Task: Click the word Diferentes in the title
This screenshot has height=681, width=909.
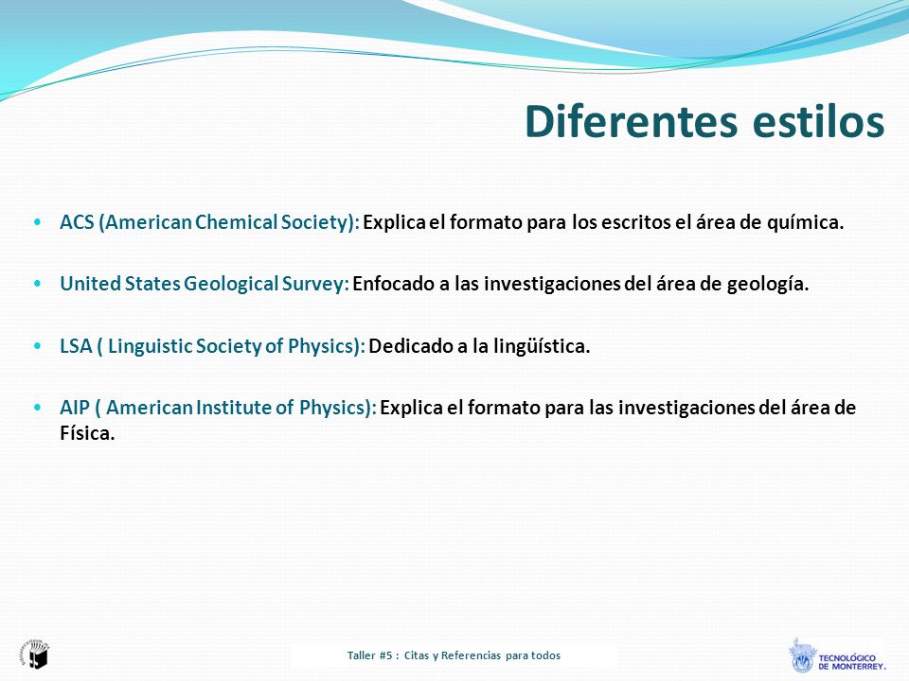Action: [x=631, y=121]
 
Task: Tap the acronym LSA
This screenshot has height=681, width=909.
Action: [x=76, y=346]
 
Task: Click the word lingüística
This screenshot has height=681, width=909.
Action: [x=542, y=346]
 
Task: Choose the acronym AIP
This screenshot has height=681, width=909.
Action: [x=75, y=408]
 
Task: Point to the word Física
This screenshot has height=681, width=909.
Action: [x=87, y=433]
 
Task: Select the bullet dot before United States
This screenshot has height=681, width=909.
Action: [x=38, y=284]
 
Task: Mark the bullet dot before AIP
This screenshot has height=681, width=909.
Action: [x=38, y=408]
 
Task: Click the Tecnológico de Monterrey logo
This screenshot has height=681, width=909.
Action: [x=837, y=655]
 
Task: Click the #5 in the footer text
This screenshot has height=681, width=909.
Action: [x=386, y=655]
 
